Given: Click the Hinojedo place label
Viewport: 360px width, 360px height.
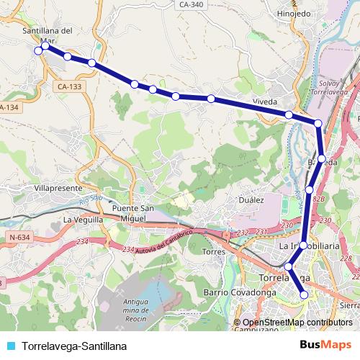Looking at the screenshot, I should [294, 13].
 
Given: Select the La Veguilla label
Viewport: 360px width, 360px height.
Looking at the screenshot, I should [83, 220].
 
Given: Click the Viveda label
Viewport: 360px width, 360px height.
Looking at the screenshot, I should [265, 102].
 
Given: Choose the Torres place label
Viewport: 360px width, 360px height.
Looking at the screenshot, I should [215, 252].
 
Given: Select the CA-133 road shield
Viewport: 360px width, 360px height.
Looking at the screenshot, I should [67, 86].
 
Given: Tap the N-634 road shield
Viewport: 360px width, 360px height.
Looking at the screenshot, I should [21, 236].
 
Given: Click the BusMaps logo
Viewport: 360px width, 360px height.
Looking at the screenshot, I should [326, 345].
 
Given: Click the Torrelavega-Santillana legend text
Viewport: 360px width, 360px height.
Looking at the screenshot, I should [70, 346].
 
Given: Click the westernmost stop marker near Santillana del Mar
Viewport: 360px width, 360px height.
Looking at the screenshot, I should [37, 50].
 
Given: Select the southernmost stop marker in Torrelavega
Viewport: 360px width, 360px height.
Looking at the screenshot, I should [304, 294].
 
